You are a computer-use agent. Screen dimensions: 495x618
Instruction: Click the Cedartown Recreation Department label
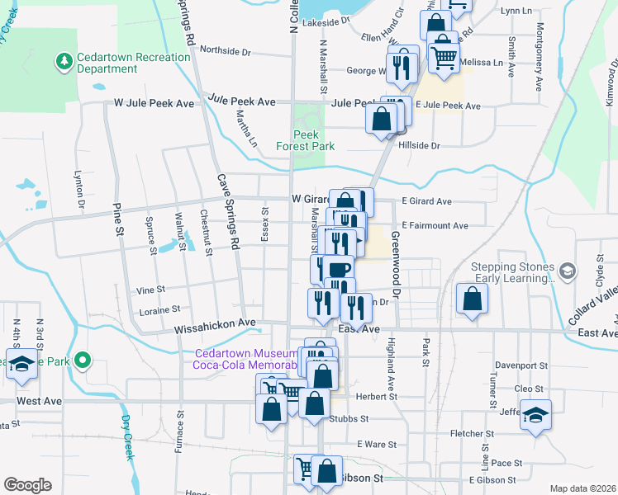[x=118, y=64]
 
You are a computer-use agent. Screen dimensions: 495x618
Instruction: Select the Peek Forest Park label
[x=312, y=140]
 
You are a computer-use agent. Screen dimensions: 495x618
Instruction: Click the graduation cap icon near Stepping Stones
[x=567, y=271]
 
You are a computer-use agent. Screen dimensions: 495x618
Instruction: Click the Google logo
[x=27, y=484]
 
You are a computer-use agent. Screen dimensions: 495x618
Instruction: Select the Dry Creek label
[x=126, y=428]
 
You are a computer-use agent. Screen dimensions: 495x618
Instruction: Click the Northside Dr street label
[x=225, y=51]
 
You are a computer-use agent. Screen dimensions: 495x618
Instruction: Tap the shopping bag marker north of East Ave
[x=471, y=301]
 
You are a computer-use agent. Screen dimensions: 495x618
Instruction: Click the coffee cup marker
[x=339, y=270]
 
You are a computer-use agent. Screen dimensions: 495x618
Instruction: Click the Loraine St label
[x=159, y=310]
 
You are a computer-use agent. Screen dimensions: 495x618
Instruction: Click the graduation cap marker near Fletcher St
[x=535, y=417]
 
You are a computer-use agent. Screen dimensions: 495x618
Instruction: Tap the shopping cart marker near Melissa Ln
[x=444, y=58]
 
